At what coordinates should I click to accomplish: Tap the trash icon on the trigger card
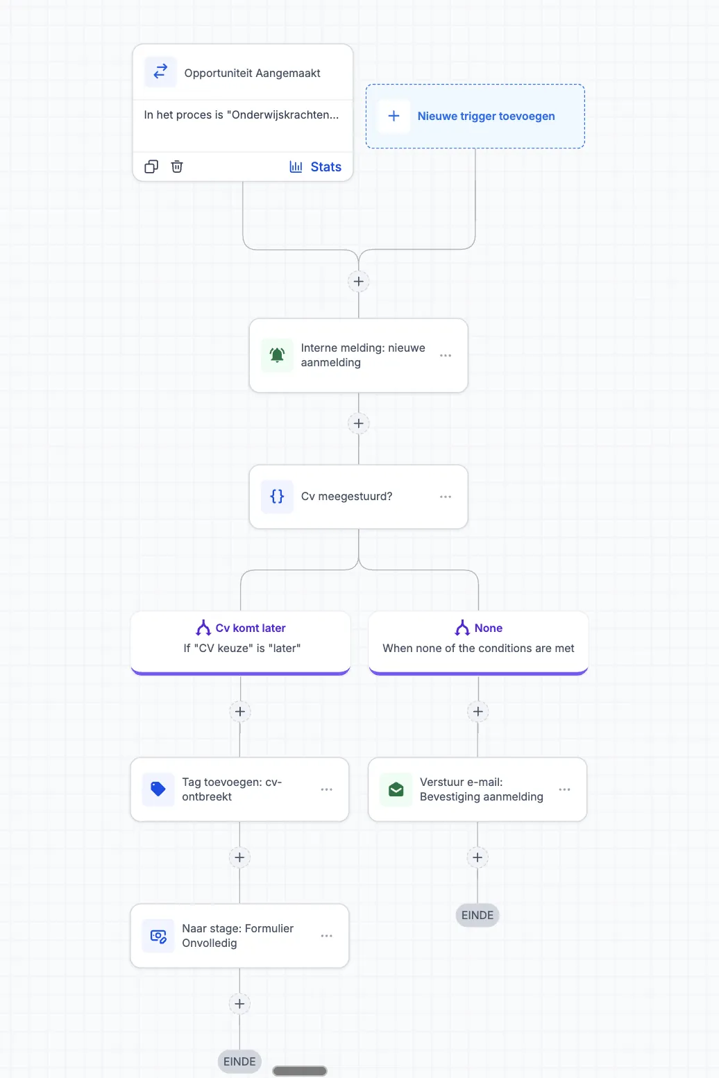[x=177, y=166]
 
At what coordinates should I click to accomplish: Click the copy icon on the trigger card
[x=151, y=166]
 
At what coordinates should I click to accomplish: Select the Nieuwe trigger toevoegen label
[x=486, y=116]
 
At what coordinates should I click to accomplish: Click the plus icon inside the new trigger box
[x=394, y=116]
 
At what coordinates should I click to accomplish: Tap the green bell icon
[x=277, y=355]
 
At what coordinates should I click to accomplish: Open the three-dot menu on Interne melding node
[x=446, y=356]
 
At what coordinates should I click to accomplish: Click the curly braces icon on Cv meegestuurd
[x=277, y=496]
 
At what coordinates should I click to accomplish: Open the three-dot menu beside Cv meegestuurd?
[x=446, y=497]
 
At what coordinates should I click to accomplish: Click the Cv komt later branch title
[x=251, y=628]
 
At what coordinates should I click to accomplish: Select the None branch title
[x=489, y=628]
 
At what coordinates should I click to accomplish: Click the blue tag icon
[x=158, y=789]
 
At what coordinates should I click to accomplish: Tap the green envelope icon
[x=396, y=789]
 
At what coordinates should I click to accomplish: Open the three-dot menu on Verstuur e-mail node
[x=564, y=789]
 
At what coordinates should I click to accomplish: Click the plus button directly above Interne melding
[x=358, y=281]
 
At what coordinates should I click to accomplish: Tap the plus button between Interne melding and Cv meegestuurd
[x=358, y=423]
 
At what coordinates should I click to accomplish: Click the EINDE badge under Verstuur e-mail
[x=477, y=915]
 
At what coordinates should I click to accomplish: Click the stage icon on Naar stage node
[x=158, y=936]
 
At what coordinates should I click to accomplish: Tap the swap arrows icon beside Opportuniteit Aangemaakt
[x=160, y=71]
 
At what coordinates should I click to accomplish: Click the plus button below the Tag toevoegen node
[x=239, y=857]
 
